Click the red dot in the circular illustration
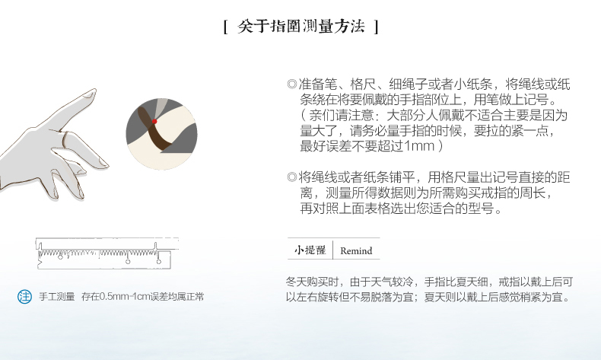click(154, 122)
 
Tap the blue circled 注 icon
click(24, 297)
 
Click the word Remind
click(356, 250)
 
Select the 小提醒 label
click(310, 250)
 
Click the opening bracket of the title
click(226, 27)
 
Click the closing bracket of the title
click(377, 27)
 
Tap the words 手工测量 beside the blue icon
click(57, 297)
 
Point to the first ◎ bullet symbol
click(292, 84)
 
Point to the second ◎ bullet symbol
click(292, 177)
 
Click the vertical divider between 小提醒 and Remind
click(332, 250)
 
